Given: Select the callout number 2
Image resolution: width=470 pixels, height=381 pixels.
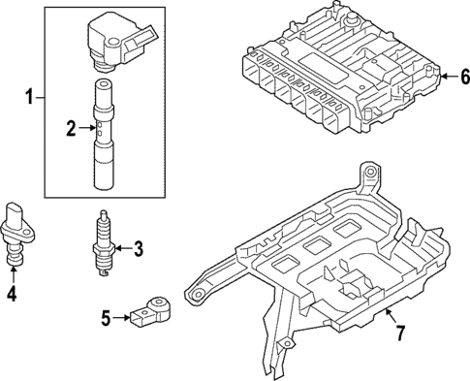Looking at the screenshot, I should (x=69, y=126).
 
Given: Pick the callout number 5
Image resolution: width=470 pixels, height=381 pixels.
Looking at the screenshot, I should (x=107, y=315).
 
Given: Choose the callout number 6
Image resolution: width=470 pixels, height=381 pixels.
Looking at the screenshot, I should (x=463, y=77).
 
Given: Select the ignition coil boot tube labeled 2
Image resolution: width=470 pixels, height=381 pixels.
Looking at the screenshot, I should (x=104, y=136).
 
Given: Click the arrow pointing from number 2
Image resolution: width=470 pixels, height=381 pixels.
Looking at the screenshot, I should (x=84, y=126).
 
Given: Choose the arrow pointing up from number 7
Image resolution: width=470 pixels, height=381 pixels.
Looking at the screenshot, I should (x=389, y=316).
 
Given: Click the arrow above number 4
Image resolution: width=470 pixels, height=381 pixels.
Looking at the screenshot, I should (x=13, y=272).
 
